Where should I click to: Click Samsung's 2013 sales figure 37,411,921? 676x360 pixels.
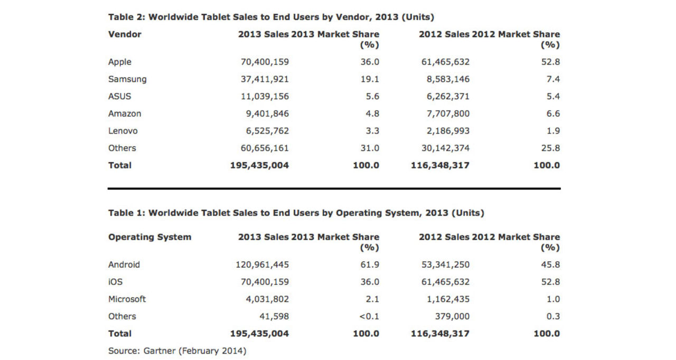click(265, 79)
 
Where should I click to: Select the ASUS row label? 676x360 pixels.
click(119, 97)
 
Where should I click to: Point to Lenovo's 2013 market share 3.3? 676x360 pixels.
click(370, 131)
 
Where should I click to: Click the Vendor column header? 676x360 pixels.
click(125, 34)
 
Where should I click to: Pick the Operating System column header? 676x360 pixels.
click(149, 237)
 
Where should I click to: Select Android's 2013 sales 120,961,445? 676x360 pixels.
click(262, 264)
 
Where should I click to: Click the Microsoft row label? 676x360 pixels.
click(127, 299)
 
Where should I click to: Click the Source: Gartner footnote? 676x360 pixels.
click(177, 350)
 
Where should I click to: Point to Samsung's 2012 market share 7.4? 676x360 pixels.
click(553, 79)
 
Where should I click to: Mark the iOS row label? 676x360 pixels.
click(115, 282)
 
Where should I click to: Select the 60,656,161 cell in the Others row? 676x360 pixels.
click(265, 148)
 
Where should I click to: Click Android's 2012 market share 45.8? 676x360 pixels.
click(550, 264)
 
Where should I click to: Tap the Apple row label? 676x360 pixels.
click(119, 62)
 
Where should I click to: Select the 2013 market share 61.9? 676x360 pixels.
click(370, 264)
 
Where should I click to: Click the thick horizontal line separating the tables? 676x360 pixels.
click(334, 188)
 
